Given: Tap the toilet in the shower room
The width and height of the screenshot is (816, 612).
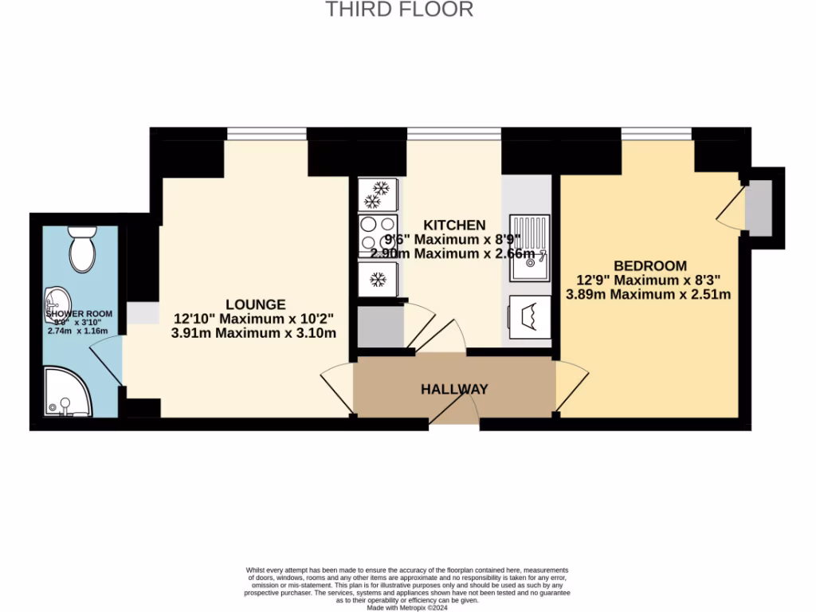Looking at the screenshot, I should [81, 248].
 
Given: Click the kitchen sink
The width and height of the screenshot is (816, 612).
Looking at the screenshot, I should [530, 248].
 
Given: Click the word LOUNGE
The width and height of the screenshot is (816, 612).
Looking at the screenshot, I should [255, 304].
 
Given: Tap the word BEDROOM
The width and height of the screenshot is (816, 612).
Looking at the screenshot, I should [649, 265].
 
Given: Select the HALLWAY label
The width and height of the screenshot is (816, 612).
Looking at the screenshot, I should [454, 389].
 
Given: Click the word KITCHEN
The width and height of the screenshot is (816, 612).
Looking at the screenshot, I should [453, 225].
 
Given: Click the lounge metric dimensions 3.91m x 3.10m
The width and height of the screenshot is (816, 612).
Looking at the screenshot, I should [253, 333].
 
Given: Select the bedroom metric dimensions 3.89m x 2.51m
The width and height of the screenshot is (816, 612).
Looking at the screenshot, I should [648, 294].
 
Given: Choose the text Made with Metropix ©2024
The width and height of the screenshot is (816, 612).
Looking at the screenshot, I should [406, 606].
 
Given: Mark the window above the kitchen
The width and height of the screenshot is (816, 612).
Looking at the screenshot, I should [453, 133].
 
